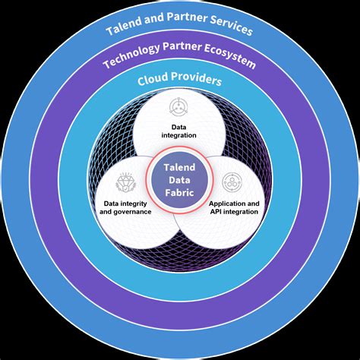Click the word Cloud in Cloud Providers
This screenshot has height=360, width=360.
pos(154,81)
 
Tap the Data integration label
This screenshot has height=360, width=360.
pos(180,131)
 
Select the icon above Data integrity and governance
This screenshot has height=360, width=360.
pos(126,183)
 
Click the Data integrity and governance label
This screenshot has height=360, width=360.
pos(126,207)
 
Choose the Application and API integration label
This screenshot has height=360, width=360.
pos(235,207)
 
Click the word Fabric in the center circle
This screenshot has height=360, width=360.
pos(180,193)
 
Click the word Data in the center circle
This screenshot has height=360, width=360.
pos(180,181)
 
